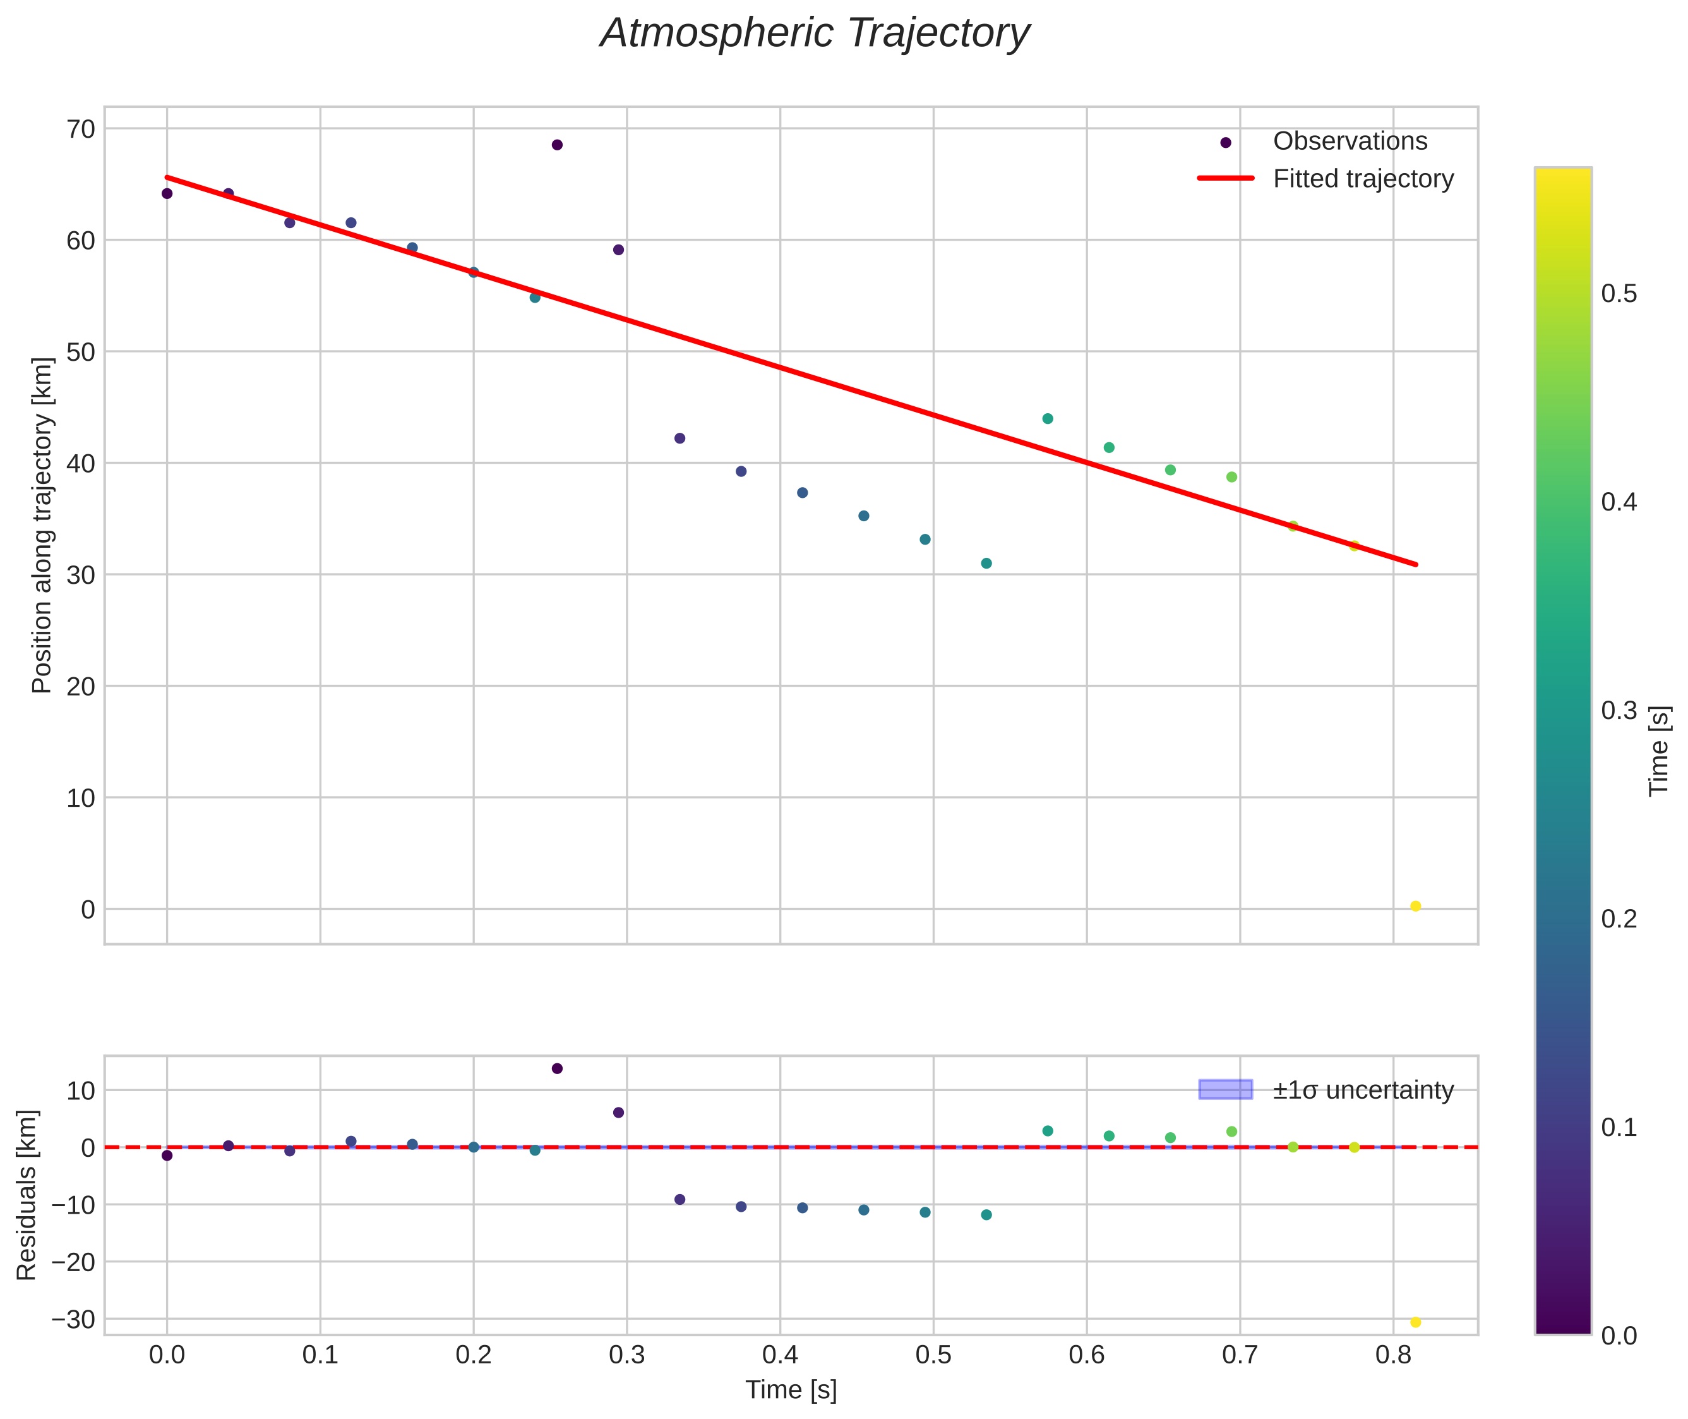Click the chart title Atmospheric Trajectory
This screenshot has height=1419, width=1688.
[x=815, y=33]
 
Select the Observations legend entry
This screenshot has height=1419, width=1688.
[x=1350, y=142]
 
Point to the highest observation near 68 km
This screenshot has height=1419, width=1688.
[x=556, y=145]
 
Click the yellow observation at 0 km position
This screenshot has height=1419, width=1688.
[x=1415, y=907]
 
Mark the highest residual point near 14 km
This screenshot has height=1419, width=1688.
[x=556, y=1068]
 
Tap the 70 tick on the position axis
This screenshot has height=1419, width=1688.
[x=80, y=130]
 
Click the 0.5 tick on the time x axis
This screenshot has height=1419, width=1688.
[x=933, y=1355]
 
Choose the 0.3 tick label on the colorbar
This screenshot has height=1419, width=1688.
[x=1619, y=710]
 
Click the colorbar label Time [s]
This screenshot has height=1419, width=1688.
[x=1659, y=751]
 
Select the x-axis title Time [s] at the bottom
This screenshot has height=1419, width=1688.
[x=791, y=1390]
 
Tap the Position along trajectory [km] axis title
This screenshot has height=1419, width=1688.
[x=42, y=524]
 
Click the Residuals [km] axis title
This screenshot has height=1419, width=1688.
[x=27, y=1195]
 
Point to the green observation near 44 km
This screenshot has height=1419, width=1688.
[x=1047, y=418]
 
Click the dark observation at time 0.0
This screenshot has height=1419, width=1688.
[x=167, y=193]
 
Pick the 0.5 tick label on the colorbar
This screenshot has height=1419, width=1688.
[x=1619, y=294]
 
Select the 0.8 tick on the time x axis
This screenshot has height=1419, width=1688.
[x=1393, y=1355]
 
